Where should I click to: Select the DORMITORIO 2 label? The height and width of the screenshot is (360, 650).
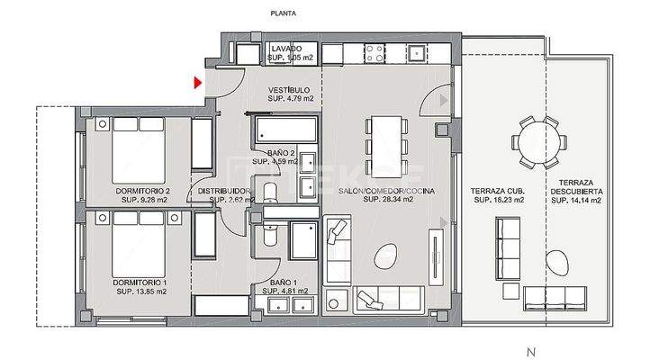point(142,191)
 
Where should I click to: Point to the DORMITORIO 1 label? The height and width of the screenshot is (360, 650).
point(142,282)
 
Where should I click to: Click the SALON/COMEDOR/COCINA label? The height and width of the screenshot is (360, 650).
point(375,191)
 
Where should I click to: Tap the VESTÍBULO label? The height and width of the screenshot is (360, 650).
point(290,90)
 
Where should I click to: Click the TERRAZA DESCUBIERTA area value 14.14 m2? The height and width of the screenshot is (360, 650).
point(576,200)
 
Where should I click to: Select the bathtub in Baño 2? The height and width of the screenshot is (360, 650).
point(284,131)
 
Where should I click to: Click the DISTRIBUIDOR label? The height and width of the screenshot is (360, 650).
point(223,191)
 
